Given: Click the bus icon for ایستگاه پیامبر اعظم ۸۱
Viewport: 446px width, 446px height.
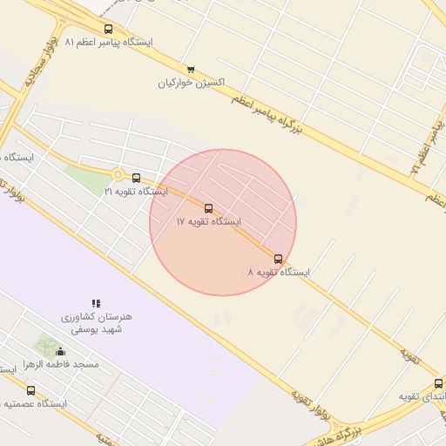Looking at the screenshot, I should pyautogui.click(x=108, y=29).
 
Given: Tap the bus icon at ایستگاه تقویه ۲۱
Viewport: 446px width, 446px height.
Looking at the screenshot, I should pyautogui.click(x=136, y=178).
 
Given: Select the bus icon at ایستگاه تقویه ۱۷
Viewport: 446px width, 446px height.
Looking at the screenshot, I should pyautogui.click(x=207, y=208).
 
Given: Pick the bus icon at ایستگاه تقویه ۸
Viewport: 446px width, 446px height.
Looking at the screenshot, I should pyautogui.click(x=278, y=259).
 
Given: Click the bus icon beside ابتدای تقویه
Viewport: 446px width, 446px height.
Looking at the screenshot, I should pyautogui.click(x=438, y=383).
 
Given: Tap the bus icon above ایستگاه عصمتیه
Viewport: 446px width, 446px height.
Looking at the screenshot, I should pyautogui.click(x=31, y=390).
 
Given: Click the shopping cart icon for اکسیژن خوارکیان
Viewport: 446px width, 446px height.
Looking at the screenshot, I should pyautogui.click(x=191, y=70).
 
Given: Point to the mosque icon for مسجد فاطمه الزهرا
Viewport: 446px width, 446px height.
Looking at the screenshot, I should pyautogui.click(x=60, y=351).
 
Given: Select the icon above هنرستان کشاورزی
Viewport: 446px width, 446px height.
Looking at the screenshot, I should pyautogui.click(x=96, y=303).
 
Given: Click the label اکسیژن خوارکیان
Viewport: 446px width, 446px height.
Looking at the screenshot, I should pyautogui.click(x=191, y=84).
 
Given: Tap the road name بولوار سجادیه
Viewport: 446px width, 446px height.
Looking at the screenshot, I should pyautogui.click(x=30, y=64).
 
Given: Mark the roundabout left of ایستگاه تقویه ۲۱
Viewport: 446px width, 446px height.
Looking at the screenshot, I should pyautogui.click(x=117, y=174).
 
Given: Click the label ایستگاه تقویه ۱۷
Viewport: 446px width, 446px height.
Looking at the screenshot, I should pyautogui.click(x=208, y=222).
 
